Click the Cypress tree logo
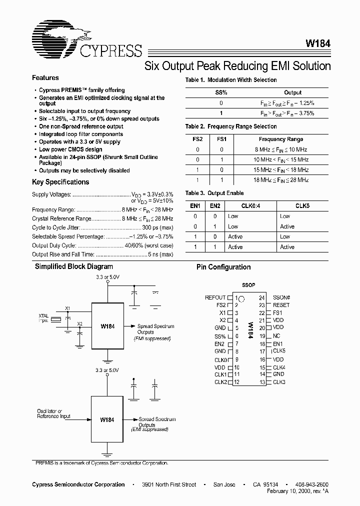point(54,39)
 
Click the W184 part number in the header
point(318,43)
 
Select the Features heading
point(45,78)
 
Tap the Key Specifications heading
point(60,182)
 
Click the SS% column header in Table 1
point(221,92)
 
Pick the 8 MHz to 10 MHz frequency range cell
point(281,149)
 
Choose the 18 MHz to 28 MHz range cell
point(281,179)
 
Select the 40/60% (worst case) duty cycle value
point(148,245)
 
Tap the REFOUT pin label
point(215,297)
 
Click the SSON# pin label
point(281,297)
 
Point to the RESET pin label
point(281,305)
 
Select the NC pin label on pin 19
point(276,336)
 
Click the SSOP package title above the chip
point(248,285)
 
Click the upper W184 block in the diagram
point(107,326)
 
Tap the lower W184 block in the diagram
point(107,419)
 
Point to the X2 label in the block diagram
point(80,324)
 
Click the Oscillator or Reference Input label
point(53,413)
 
